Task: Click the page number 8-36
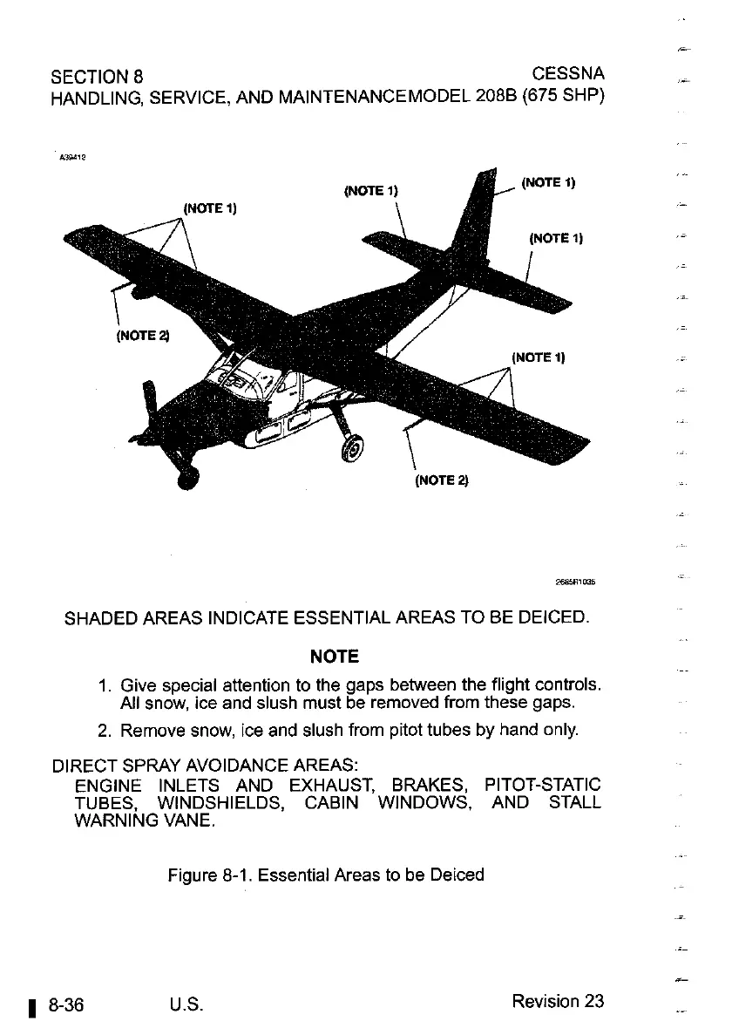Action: coord(66,1001)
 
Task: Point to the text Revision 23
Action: coord(558,1001)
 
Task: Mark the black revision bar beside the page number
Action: coord(32,1004)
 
